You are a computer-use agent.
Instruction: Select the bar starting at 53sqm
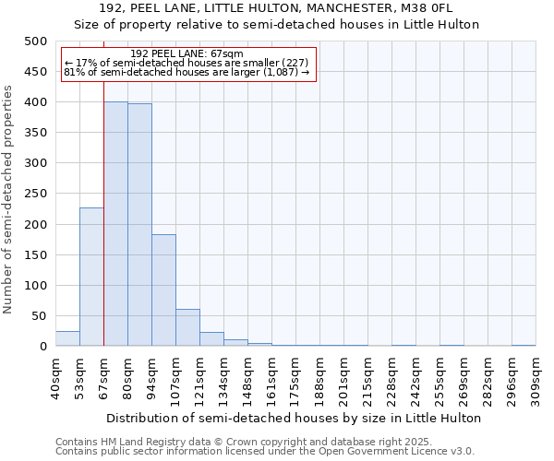pos(91,277)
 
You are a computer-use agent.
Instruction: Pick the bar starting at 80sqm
pos(139,225)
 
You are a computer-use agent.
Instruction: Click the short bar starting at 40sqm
pos(67,338)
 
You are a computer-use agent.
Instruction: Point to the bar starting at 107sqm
pos(187,328)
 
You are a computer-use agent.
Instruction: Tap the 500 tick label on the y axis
pos(36,41)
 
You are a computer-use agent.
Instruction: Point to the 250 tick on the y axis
pos(36,194)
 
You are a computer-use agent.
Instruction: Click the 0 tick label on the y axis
pos(42,347)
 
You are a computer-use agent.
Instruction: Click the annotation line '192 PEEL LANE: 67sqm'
pos(187,54)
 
